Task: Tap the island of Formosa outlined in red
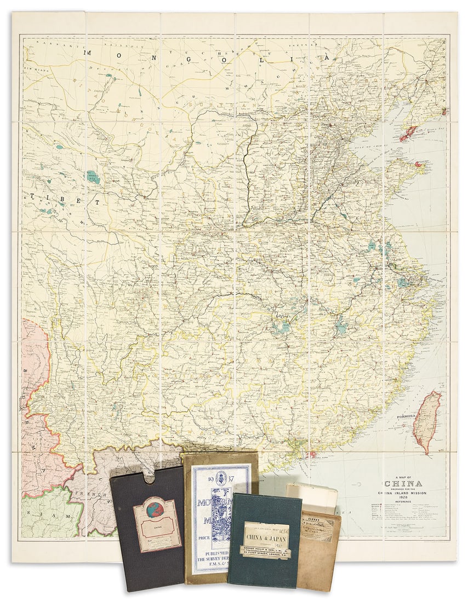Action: (x=427, y=420)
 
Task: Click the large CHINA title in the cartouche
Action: (x=403, y=483)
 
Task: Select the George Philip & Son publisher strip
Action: (x=266, y=549)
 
